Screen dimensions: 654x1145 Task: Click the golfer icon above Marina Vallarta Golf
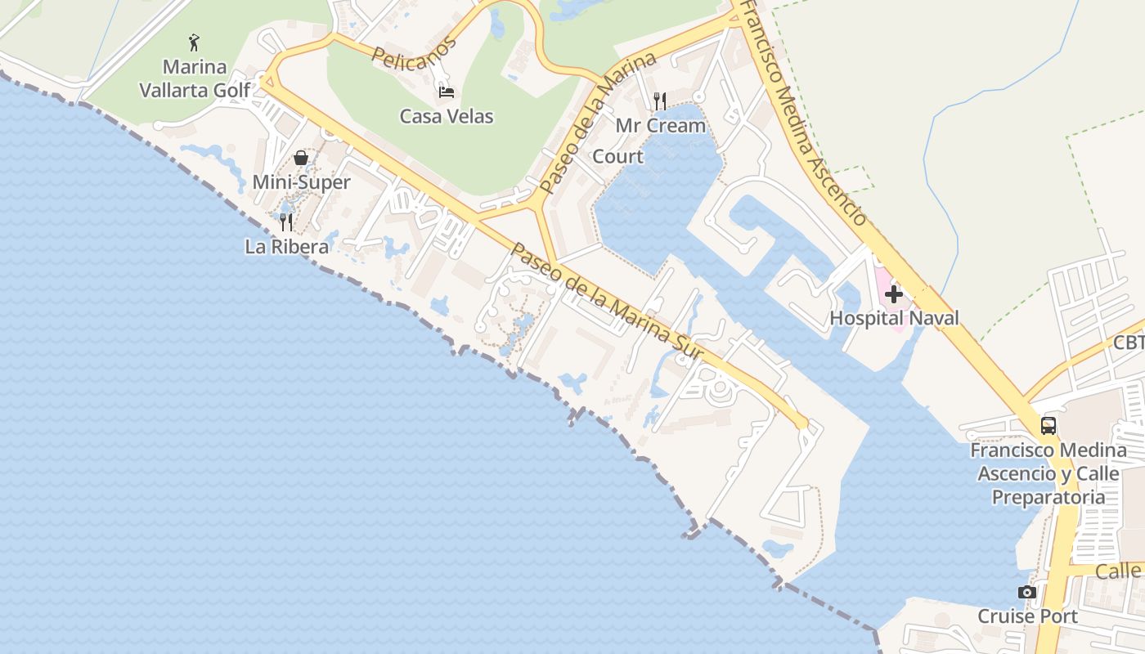(194, 43)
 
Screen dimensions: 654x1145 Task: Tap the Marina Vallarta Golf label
(195, 78)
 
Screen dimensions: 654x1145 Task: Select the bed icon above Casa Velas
(447, 92)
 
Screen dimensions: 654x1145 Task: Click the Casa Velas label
(447, 116)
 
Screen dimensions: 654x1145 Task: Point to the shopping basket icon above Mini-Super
(301, 158)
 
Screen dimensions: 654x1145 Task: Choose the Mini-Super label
(301, 182)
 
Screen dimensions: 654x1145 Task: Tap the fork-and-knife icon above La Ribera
(286, 222)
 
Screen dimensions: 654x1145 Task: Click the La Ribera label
(287, 246)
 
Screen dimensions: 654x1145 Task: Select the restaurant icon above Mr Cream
(660, 101)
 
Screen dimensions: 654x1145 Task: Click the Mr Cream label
(660, 126)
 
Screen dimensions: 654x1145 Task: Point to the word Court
(617, 156)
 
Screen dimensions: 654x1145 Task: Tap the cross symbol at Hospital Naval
(894, 293)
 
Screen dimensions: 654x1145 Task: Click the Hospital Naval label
(894, 318)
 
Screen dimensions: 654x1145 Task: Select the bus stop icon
(1048, 425)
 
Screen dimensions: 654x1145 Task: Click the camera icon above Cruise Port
(1027, 592)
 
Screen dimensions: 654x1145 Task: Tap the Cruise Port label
(1028, 616)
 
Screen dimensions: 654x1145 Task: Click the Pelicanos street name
(414, 53)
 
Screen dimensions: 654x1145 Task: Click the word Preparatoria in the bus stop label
(1048, 497)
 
